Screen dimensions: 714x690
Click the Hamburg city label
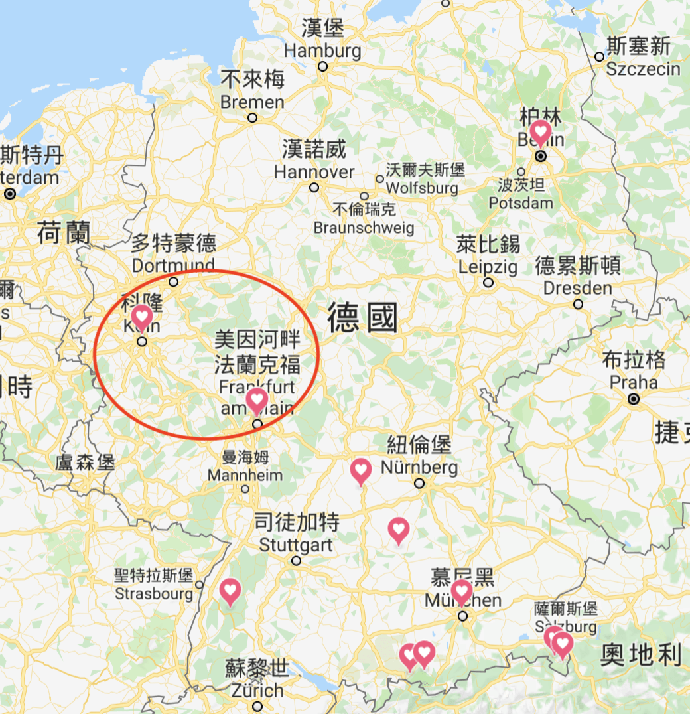coord(322,50)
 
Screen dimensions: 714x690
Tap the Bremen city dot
coord(252,118)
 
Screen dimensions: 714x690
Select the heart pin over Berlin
coord(540,132)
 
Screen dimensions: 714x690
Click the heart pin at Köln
coord(141,317)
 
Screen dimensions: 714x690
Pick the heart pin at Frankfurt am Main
coord(257,400)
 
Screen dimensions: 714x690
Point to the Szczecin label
coord(643,69)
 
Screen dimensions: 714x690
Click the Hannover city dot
coord(314,188)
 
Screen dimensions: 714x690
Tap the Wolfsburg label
coord(422,188)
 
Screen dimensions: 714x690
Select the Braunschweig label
coord(364,228)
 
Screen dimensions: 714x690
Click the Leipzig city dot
coord(489,282)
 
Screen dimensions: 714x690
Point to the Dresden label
coord(577,288)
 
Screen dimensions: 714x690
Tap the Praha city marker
coord(634,399)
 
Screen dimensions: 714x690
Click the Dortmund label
coord(173,265)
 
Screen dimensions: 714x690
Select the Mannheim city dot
coord(245,490)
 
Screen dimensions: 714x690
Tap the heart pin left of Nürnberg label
coord(360,470)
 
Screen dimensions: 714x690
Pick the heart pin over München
coord(461,591)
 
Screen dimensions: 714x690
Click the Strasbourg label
coord(154,593)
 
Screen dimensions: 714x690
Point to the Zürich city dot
coord(257,708)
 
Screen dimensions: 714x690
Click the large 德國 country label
coord(362,318)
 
